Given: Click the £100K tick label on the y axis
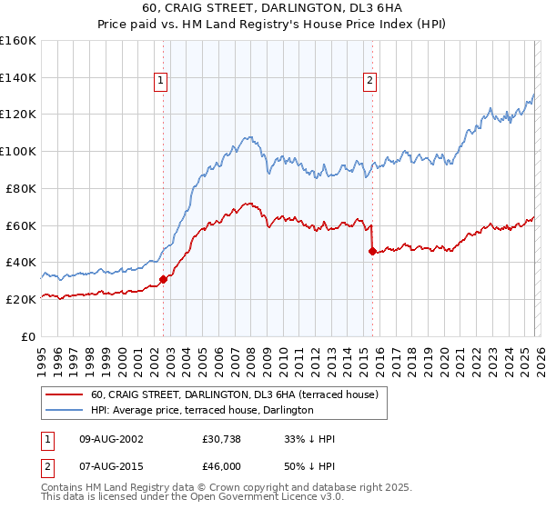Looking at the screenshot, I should click(18, 151).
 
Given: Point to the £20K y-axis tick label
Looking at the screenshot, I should click(21, 299).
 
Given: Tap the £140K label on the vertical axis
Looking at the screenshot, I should click(18, 77).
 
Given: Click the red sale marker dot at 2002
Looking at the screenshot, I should click(163, 279).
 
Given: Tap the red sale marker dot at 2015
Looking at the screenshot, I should click(372, 251).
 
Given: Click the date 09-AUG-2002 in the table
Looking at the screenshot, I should click(108, 439).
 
